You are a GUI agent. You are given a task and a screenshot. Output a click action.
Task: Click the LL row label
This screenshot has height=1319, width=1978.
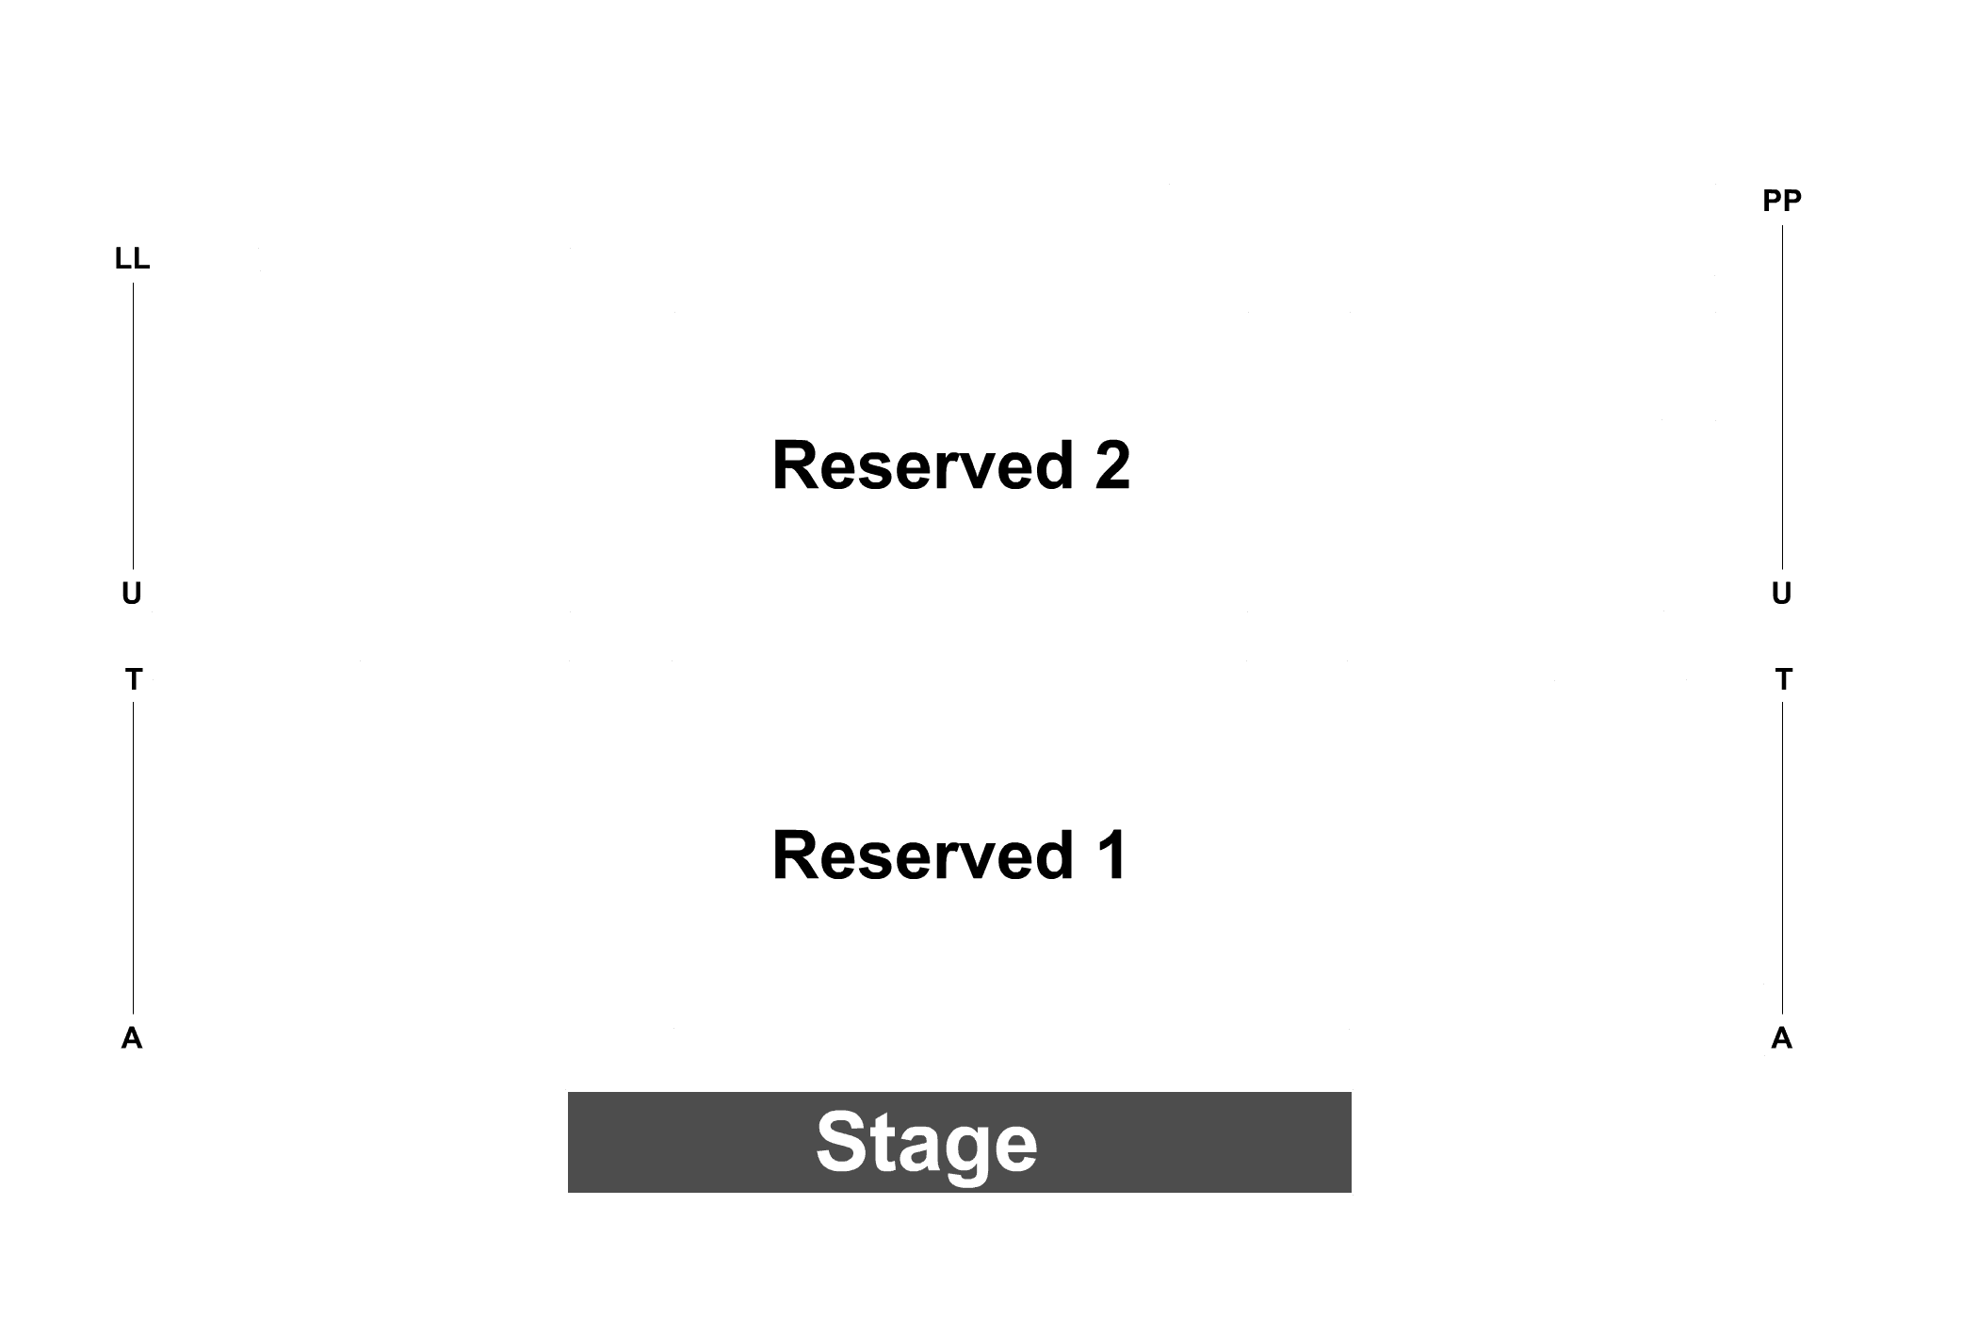point(132,259)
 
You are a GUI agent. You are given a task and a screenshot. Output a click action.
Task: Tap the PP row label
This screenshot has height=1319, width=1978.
point(1782,201)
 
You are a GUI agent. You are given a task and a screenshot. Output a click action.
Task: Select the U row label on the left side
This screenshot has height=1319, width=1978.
point(132,594)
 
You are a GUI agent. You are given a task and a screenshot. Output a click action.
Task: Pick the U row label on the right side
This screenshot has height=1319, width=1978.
point(1781,594)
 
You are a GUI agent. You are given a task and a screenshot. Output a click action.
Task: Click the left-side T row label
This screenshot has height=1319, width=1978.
point(134,679)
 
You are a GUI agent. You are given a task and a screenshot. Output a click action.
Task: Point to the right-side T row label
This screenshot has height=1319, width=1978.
point(1783,679)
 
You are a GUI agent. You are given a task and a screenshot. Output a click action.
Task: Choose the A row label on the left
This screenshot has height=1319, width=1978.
point(132,1038)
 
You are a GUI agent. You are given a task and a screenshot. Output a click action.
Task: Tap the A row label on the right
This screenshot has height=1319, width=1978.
point(1781,1038)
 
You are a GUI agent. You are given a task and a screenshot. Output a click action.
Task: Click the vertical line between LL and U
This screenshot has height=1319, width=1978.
point(133,426)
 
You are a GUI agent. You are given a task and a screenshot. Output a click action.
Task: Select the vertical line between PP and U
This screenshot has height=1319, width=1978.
point(1782,397)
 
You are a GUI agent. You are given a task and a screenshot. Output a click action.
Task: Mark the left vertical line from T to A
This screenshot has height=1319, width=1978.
point(133,857)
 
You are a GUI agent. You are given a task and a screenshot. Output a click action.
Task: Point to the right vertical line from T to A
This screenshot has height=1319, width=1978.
point(1782,857)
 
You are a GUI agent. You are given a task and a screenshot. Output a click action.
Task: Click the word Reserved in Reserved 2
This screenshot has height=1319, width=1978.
point(923,465)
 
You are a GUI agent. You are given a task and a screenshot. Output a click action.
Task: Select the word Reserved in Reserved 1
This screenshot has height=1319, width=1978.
point(923,855)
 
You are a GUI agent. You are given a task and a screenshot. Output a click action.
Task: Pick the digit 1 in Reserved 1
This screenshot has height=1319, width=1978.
point(1112,855)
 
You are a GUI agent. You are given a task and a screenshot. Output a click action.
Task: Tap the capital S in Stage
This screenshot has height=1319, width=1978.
point(840,1141)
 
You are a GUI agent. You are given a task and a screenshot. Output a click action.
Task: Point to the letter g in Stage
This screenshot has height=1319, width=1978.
point(959,1154)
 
